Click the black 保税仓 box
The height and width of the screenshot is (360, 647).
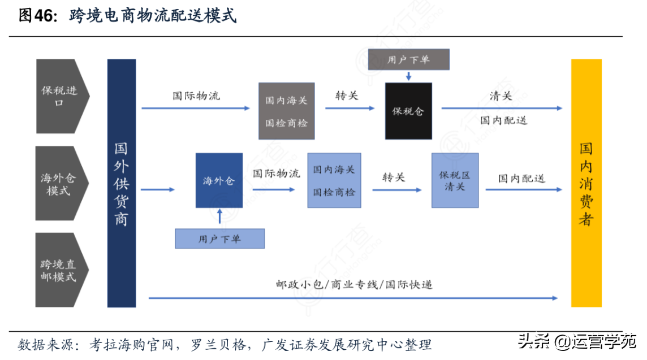pyautogui.click(x=408, y=111)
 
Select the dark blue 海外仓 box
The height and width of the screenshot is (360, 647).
pyautogui.click(x=219, y=180)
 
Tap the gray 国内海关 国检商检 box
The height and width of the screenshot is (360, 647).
pyautogui.click(x=286, y=111)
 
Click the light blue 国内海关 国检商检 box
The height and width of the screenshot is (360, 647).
pyautogui.click(x=334, y=180)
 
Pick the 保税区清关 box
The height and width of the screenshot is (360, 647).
pyautogui.click(x=455, y=180)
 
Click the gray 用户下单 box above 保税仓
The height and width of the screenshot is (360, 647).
pyautogui.click(x=408, y=59)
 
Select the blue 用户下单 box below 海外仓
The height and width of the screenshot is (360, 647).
pyautogui.click(x=219, y=239)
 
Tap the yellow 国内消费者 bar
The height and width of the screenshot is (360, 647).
pyautogui.click(x=586, y=183)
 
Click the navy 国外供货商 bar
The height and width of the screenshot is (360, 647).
pyautogui.click(x=122, y=183)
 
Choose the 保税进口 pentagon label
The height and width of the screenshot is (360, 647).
pyautogui.click(x=60, y=96)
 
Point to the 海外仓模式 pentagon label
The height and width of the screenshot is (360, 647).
pyautogui.click(x=59, y=184)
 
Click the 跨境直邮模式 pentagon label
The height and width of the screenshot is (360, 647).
pyautogui.click(x=59, y=270)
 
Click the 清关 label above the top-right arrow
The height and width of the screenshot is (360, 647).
pyautogui.click(x=501, y=96)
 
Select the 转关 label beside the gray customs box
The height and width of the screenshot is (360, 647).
pyautogui.click(x=346, y=96)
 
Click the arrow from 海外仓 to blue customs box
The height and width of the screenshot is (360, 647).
pyautogui.click(x=274, y=190)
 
